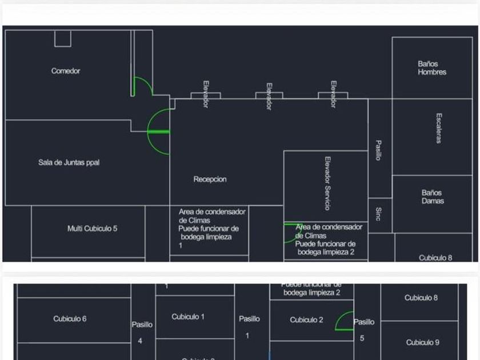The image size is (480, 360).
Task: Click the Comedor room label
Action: [66, 71]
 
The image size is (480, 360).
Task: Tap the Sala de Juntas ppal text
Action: [69, 162]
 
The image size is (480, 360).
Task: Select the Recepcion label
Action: [210, 179]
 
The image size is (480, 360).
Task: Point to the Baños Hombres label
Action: [432, 68]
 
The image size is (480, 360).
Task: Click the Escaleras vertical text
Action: [439, 128]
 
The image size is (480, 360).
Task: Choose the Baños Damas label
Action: [433, 197]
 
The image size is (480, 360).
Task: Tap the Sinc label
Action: [378, 214]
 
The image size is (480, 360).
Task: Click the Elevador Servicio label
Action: [327, 183]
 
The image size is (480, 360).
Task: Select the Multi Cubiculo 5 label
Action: [93, 229]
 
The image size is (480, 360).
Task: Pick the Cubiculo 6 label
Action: [70, 319]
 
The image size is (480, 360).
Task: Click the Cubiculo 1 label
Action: [188, 317]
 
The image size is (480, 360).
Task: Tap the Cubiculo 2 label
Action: [306, 320]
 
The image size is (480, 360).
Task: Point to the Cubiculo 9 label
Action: [423, 342]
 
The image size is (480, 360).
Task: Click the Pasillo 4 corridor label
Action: [142, 332]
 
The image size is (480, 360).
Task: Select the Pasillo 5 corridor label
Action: [363, 329]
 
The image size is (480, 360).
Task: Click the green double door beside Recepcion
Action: [159, 132]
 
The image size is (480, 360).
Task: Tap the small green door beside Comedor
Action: [142, 87]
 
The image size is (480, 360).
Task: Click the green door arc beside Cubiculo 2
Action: [345, 322]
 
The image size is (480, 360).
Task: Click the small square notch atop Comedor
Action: [63, 38]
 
